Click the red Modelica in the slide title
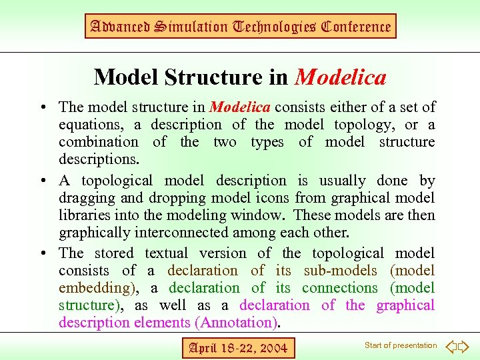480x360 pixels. (340, 77)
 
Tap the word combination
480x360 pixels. (99, 142)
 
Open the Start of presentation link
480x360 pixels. (401, 345)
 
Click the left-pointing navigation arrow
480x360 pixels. (451, 347)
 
